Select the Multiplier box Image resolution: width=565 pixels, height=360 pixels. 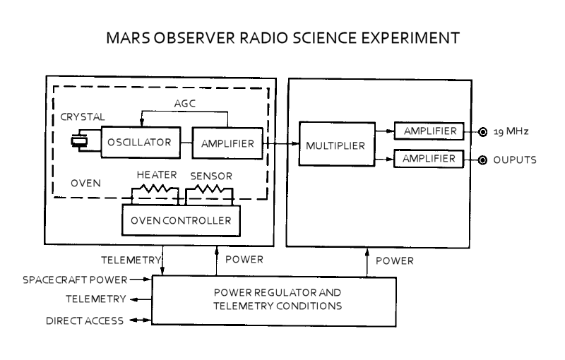pos(335,146)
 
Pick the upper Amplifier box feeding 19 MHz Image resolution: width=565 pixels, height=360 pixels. pos(429,132)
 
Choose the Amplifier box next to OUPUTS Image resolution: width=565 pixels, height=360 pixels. pos(429,160)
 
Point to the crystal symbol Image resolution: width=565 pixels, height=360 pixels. pos(78,143)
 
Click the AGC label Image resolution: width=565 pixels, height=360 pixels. pos(185,104)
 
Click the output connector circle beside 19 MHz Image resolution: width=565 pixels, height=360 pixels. pos(482,132)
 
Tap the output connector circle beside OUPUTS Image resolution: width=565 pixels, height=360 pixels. pos(482,160)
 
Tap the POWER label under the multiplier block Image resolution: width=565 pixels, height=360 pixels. pos(394,260)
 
